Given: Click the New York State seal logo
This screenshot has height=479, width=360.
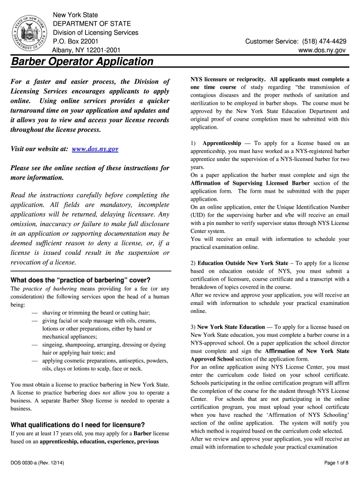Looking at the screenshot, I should coord(29,34).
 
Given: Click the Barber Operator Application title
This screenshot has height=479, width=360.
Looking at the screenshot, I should coord(82,61).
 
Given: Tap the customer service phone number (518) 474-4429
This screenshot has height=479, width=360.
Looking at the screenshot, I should coord(318,41).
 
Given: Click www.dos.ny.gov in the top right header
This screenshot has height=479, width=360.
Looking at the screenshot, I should coord(323,50).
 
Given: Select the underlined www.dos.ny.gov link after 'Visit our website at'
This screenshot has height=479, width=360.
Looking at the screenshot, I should coord(95,149).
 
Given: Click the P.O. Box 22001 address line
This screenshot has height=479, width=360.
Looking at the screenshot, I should coord(75,41).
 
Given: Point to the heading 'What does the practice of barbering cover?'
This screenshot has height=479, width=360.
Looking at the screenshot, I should coord(80,280).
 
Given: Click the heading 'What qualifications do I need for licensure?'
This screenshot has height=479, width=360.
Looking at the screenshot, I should coord(78,425).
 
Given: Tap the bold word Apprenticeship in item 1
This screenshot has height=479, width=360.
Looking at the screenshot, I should coord(222,143).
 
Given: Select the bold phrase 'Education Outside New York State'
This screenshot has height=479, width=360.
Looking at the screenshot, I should coord(243,263).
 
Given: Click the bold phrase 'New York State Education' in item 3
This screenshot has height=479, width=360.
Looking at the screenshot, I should coord(231,327).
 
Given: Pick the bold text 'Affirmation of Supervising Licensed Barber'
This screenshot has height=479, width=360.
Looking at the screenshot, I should coord(250,183).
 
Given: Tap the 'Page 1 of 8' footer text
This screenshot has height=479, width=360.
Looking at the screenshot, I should coord(336,463).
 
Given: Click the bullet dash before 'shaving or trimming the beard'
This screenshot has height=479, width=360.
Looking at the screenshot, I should coord(35,312).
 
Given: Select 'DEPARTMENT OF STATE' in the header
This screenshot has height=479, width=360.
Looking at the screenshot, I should coord(92,24).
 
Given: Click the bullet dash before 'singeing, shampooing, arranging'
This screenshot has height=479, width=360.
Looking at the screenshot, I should coord(35,345).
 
